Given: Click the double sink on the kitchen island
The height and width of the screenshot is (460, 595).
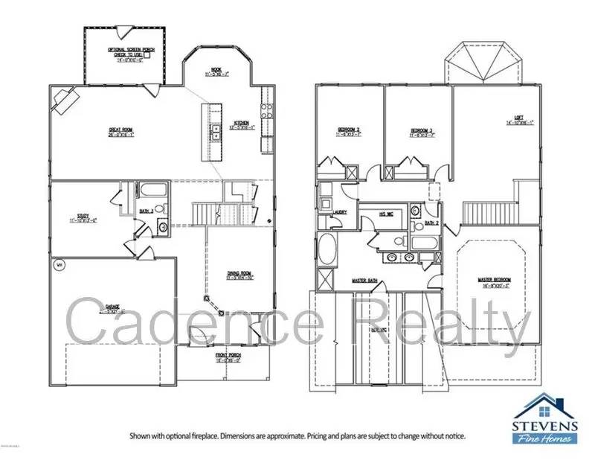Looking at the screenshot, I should (x=215, y=132).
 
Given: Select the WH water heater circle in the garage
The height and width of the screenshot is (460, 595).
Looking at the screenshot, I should (x=58, y=264).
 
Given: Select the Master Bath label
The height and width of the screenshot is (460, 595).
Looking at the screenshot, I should (x=366, y=281).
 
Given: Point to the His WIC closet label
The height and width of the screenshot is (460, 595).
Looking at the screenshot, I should (x=385, y=214).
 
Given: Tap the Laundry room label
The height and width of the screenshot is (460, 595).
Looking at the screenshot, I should (x=341, y=211).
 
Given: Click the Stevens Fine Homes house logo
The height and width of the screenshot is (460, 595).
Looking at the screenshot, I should (x=546, y=409).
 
